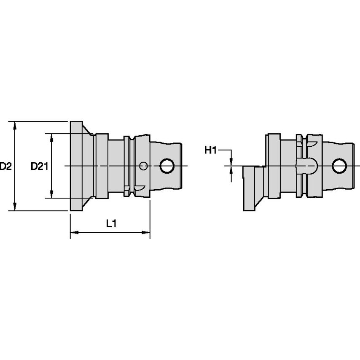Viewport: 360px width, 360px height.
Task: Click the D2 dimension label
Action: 5,166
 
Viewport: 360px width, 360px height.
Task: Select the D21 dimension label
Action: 39,166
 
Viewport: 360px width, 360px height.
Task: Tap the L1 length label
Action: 111,224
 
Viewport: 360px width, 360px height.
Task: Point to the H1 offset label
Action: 210,150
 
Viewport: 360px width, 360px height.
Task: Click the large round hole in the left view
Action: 167,166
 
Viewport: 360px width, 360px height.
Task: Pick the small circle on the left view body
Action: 143,166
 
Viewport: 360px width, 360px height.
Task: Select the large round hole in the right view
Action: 339,166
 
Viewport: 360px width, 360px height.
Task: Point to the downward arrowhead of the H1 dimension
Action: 231,161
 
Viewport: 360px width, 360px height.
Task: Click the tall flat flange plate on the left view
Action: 76,166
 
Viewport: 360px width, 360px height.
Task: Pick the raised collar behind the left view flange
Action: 102,166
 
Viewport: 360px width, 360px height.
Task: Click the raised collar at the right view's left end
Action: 273,166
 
